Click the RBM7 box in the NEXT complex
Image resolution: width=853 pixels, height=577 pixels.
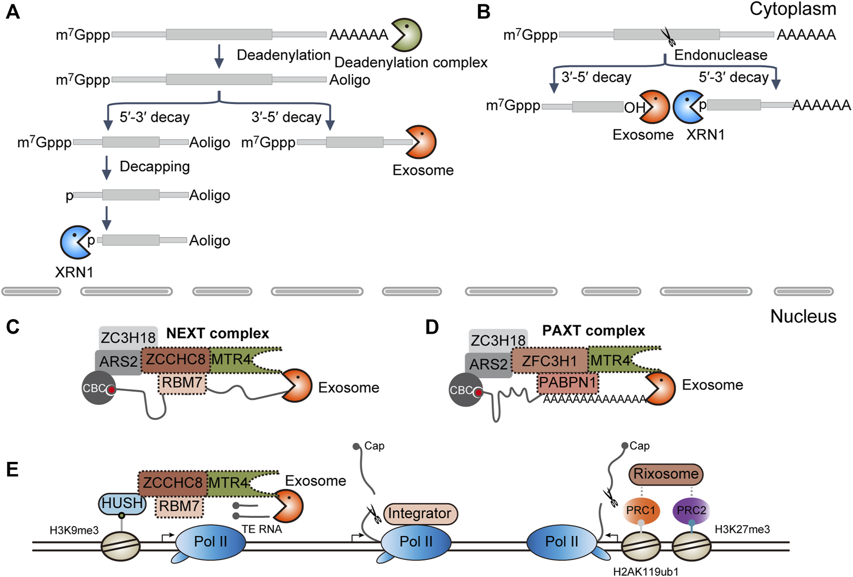[182, 383]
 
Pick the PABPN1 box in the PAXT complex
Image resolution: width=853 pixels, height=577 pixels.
[567, 383]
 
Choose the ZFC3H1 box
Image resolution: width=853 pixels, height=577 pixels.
[549, 361]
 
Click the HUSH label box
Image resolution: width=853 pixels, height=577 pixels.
[122, 503]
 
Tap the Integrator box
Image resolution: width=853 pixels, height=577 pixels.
[420, 513]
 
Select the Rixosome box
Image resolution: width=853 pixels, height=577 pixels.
[666, 474]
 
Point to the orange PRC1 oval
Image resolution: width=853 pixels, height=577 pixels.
[641, 510]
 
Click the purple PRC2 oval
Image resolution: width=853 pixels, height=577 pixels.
[691, 510]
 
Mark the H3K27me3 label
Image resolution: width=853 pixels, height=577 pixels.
[742, 529]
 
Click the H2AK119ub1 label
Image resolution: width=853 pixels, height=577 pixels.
[646, 572]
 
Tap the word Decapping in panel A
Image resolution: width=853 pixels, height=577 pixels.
[154, 167]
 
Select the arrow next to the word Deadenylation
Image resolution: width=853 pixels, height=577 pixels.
[219, 56]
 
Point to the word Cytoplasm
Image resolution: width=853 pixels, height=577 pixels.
[793, 9]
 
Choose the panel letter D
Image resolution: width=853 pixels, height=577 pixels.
[432, 327]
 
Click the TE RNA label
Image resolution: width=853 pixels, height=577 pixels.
[262, 529]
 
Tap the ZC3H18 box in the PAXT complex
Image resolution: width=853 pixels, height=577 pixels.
[497, 340]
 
